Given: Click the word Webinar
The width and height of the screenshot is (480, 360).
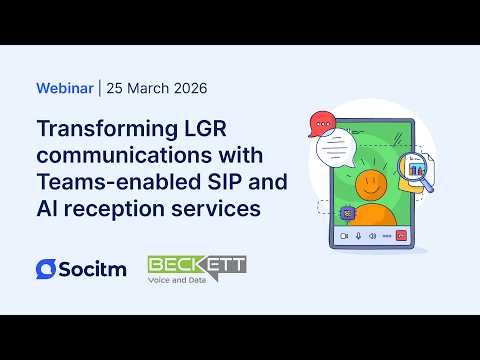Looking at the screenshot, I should (64, 88).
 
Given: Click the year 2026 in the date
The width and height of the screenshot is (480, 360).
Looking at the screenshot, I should (186, 88).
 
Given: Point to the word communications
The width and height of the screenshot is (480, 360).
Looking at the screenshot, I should (111, 156).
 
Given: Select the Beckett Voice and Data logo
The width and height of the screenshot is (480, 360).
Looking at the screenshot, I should (196, 268).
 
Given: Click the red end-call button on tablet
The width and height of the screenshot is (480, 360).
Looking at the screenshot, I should (402, 236).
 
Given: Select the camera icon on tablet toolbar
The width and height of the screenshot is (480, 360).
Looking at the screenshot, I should (344, 236).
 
